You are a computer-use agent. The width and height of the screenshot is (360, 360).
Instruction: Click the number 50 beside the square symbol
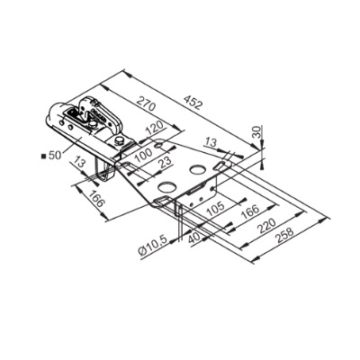pos(54,155)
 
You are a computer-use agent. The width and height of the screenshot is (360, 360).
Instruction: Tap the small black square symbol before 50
pos(42,155)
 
